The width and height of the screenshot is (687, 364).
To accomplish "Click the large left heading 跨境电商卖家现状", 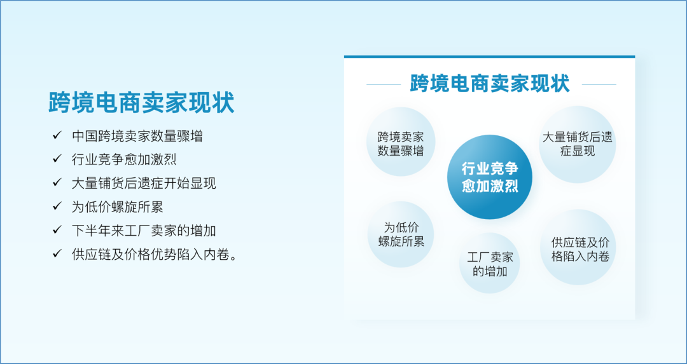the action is (x=141, y=103).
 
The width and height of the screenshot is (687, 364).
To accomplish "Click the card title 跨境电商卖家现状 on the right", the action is (x=490, y=84).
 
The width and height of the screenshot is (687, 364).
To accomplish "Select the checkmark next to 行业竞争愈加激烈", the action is (x=57, y=159).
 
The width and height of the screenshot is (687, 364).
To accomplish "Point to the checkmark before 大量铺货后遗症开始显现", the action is (x=57, y=182).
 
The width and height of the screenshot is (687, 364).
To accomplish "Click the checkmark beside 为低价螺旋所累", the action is (x=57, y=206).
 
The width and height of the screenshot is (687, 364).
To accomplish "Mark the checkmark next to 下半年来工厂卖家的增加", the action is (x=57, y=230).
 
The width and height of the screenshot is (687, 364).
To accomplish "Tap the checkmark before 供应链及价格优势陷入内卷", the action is (x=57, y=253).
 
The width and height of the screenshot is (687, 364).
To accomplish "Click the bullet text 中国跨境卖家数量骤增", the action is (x=137, y=136).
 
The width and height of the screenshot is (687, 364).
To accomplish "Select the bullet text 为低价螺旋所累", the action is (x=118, y=207).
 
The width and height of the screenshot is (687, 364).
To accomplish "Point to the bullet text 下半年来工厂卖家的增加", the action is (x=144, y=231).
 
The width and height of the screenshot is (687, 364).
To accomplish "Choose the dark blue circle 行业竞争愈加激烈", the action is (x=490, y=177).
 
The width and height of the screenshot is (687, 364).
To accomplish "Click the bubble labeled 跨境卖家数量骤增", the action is (x=401, y=141).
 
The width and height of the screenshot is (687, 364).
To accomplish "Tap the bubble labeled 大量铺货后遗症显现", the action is (x=578, y=144).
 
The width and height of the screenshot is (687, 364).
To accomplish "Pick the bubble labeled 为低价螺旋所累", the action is (x=401, y=234).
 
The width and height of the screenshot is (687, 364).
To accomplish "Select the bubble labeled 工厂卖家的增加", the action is (x=490, y=263).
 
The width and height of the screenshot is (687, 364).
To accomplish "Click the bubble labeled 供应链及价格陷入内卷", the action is (x=578, y=247).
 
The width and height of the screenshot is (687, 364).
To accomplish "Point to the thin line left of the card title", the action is (x=384, y=84).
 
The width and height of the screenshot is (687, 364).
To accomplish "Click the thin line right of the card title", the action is (x=599, y=84).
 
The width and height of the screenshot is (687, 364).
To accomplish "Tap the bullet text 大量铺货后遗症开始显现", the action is (x=144, y=184).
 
